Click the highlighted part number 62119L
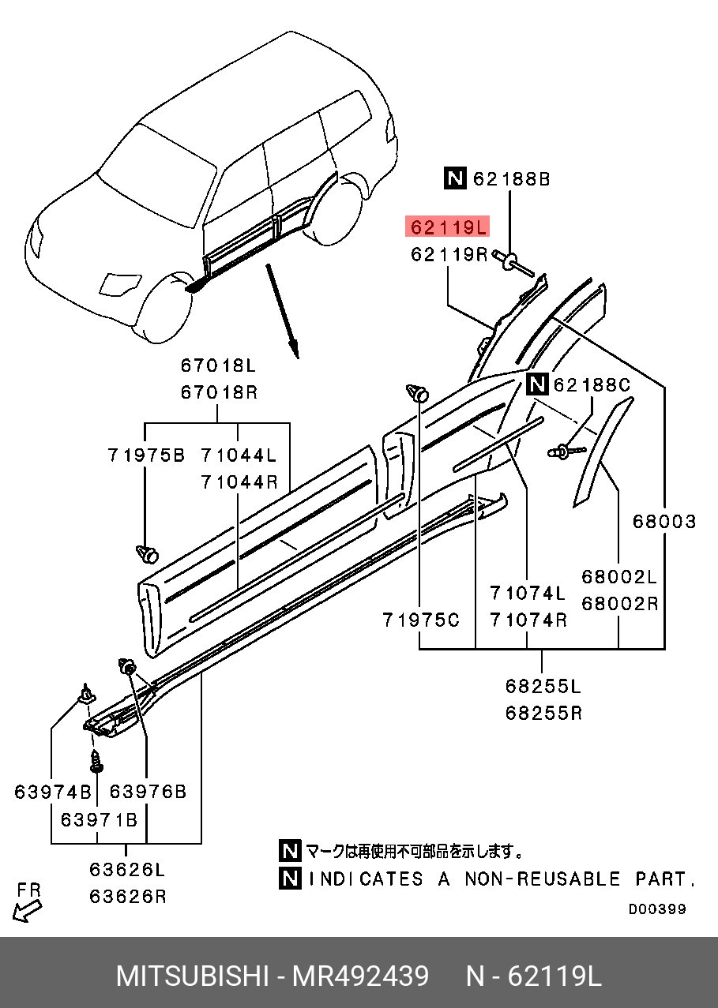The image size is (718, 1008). click(x=447, y=228)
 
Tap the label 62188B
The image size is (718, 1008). click(x=511, y=180)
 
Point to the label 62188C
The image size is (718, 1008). click(x=592, y=385)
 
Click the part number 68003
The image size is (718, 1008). click(x=663, y=522)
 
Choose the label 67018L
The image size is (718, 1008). click(x=218, y=366)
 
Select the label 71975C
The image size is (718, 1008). click(x=420, y=620)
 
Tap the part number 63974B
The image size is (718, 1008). click(x=52, y=792)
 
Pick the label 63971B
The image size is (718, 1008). click(x=99, y=820)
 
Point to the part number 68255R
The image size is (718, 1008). click(x=543, y=713)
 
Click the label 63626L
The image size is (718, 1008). click(x=126, y=871)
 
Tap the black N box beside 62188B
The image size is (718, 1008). click(x=454, y=180)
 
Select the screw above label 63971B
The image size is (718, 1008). click(x=97, y=762)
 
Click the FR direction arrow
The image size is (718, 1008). click(x=28, y=908)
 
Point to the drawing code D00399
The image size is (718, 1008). click(x=657, y=909)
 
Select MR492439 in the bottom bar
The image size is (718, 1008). click(x=361, y=976)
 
